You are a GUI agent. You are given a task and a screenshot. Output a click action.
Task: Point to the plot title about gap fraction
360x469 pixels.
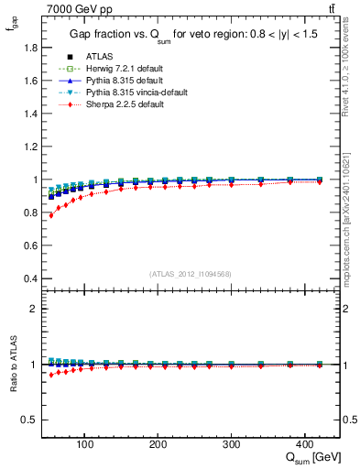coord(191,34)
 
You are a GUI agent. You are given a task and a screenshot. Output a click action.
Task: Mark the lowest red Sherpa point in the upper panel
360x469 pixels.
coord(50,215)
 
